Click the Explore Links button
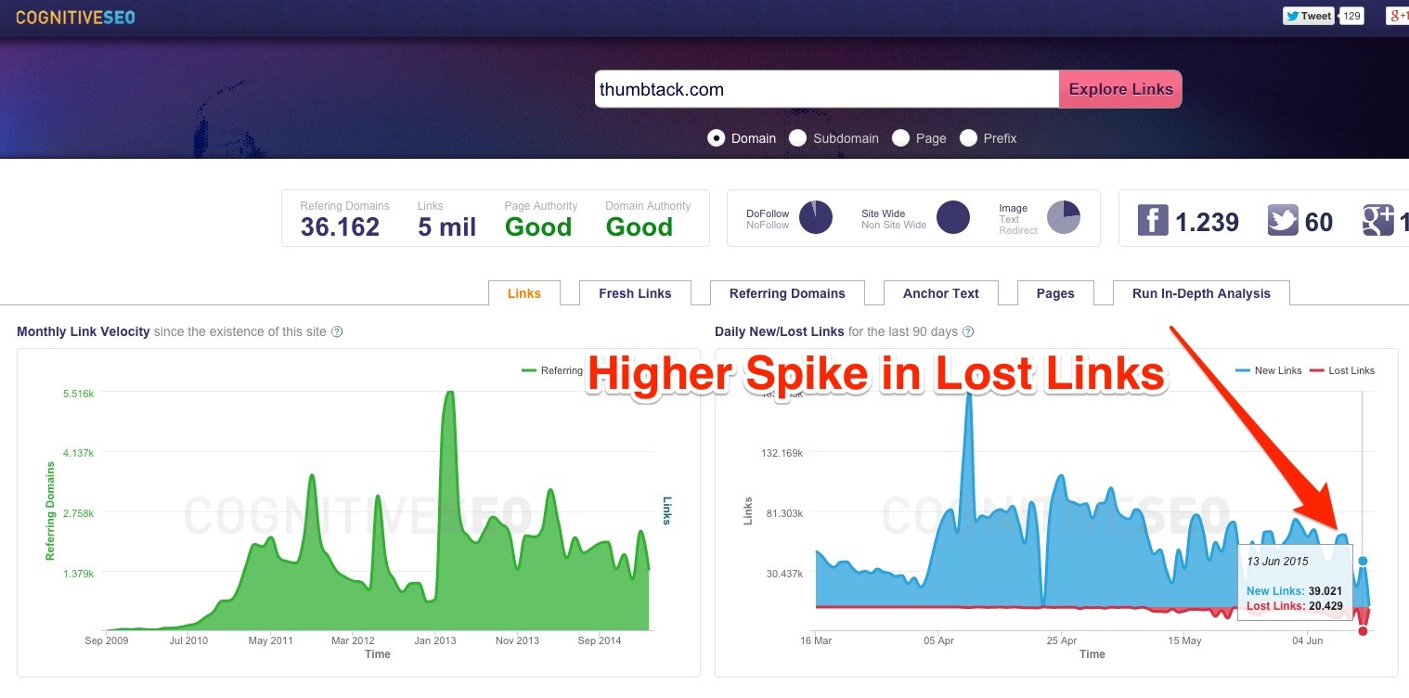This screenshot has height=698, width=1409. tap(1120, 89)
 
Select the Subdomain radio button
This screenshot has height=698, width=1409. tap(797, 138)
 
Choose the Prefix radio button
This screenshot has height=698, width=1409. tap(968, 138)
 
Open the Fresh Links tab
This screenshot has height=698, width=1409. tap(635, 293)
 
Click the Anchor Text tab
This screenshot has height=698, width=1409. tap(940, 293)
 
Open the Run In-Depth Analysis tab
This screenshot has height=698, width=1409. tap(1200, 293)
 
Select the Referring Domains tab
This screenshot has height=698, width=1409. tap(787, 293)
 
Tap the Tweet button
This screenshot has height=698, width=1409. tap(1309, 16)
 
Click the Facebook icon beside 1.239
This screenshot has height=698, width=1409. tap(1152, 221)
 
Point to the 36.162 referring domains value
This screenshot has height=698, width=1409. tap(340, 226)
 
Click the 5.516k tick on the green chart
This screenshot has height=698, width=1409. tap(78, 394)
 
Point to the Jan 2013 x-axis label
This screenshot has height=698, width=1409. tap(435, 640)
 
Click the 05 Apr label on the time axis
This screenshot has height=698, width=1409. tap(938, 640)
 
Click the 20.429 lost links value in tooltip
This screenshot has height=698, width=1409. tap(1325, 606)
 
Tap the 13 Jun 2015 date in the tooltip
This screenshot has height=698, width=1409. tap(1277, 562)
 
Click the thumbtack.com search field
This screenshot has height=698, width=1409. tap(826, 89)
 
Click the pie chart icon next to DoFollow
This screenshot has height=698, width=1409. tap(816, 217)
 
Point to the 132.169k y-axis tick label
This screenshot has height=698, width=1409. tap(783, 453)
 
